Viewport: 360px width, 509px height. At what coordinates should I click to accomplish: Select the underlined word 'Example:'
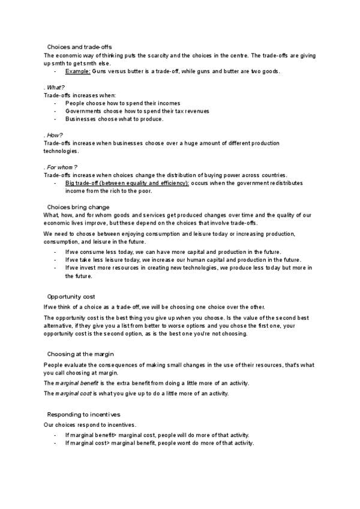click(78, 71)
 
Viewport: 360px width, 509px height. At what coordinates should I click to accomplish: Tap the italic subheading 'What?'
click(56, 87)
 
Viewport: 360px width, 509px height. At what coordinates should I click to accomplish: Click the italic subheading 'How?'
click(55, 135)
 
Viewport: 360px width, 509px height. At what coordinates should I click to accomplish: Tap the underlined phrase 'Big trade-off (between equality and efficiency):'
click(127, 182)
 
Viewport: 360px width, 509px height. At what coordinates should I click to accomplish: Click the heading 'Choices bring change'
click(78, 207)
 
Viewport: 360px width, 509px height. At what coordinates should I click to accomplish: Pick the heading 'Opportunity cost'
click(71, 297)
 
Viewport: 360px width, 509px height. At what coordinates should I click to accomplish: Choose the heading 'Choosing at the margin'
click(80, 354)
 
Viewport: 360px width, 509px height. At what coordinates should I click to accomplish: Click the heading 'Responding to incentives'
click(83, 414)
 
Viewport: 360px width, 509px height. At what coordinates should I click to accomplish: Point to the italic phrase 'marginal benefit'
click(75, 383)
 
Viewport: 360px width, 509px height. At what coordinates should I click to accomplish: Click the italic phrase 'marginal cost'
click(73, 394)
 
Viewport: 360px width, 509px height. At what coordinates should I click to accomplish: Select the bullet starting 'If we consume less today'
click(173, 252)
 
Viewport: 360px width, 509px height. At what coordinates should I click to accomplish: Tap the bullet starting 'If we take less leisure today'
click(183, 260)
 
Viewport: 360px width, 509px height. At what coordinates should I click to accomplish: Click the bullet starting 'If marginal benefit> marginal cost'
click(157, 435)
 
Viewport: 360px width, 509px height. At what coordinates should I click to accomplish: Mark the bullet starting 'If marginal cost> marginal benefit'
click(160, 443)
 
